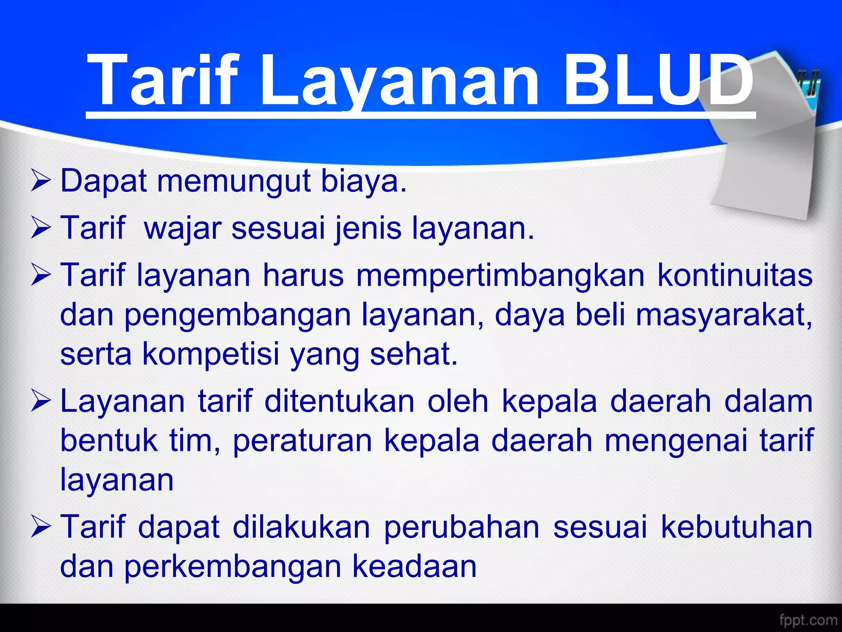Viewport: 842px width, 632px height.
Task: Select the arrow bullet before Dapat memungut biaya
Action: (41, 182)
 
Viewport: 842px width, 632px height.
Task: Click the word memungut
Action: (234, 181)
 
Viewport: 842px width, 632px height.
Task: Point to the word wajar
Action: (183, 228)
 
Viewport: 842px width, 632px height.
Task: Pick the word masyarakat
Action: (724, 315)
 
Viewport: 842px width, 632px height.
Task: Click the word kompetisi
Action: (210, 354)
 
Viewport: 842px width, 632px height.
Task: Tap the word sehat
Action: (413, 354)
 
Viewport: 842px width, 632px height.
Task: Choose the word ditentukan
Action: (340, 402)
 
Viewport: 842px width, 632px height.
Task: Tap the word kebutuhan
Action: (736, 527)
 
